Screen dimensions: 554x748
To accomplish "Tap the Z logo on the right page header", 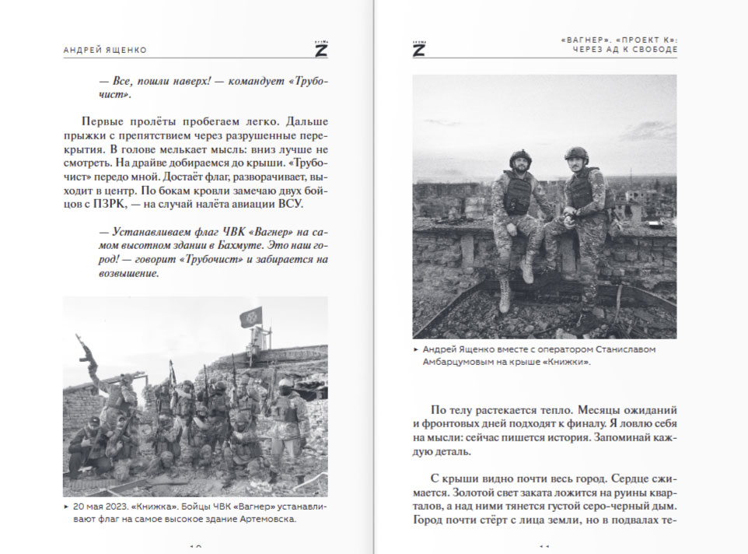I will pyautogui.click(x=418, y=47).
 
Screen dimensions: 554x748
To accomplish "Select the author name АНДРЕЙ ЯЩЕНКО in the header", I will pyautogui.click(x=105, y=50).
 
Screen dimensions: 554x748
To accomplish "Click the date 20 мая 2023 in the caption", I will pyautogui.click(x=103, y=506).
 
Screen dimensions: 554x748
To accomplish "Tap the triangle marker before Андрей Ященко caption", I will pyautogui.click(x=416, y=349).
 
